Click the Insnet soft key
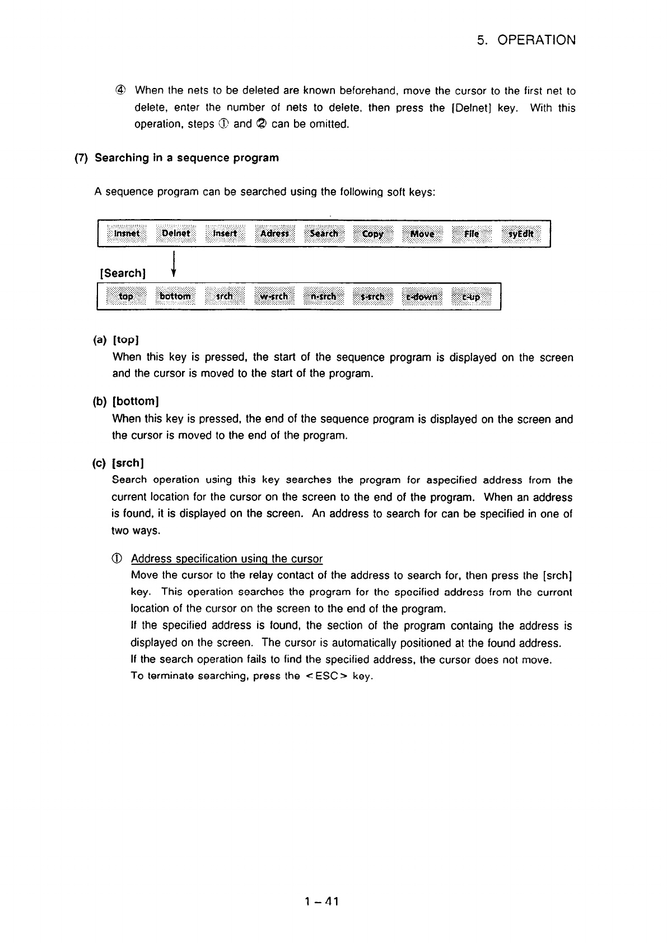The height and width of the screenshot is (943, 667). point(127,233)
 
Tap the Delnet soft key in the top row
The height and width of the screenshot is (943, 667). point(176,233)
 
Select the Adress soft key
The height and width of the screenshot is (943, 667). point(274,233)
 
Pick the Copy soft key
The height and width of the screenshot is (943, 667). point(373,234)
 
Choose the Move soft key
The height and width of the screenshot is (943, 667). point(422,234)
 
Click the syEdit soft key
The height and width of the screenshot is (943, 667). point(521,234)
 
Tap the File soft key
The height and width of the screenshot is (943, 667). point(472,234)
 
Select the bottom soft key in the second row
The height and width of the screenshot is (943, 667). point(175,296)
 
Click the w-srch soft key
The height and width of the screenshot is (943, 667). point(274,296)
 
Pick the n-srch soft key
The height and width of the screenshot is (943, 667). point(324,296)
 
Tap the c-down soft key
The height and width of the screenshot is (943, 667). point(422,297)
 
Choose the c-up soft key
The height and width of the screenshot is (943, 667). point(471,297)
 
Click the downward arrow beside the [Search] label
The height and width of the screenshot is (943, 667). point(175,265)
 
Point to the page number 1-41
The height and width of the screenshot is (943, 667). point(322,901)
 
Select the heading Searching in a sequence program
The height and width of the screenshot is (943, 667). point(186,158)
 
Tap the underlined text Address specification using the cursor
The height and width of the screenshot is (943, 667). point(227,559)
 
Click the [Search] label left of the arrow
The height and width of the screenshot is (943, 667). point(123,273)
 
